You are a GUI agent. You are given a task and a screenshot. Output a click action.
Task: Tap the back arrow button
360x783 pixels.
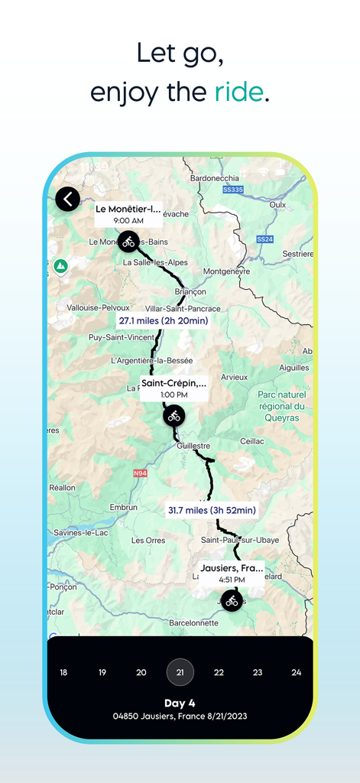68,200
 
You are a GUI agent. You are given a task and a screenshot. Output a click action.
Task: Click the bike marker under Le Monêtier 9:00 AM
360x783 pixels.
128,241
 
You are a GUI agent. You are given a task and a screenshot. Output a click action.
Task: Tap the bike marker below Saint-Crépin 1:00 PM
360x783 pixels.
174,415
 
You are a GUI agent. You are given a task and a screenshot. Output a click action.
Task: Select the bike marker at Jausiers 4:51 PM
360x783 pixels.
232,600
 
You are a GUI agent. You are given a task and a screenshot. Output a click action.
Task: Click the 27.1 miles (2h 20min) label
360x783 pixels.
162,320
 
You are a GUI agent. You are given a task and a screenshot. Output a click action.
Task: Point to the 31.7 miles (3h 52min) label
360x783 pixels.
212,510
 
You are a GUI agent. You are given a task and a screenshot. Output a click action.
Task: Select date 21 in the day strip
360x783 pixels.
180,672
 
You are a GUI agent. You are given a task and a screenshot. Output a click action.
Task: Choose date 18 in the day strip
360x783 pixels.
63,672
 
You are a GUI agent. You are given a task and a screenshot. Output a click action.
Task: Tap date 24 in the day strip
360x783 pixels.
297,672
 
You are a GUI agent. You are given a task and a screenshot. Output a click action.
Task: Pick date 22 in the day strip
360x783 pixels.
219,672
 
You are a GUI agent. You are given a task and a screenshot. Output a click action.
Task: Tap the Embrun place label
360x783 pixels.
123,507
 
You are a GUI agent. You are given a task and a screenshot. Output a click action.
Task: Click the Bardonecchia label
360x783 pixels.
216,178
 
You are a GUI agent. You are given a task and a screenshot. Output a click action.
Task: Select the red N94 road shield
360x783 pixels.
140,473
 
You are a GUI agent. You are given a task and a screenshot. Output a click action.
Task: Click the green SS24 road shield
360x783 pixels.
265,239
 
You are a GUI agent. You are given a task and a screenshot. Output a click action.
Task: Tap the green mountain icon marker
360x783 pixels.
60,266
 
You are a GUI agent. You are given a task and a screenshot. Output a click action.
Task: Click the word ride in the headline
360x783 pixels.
238,92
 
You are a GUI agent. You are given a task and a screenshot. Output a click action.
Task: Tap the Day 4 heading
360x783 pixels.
180,703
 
